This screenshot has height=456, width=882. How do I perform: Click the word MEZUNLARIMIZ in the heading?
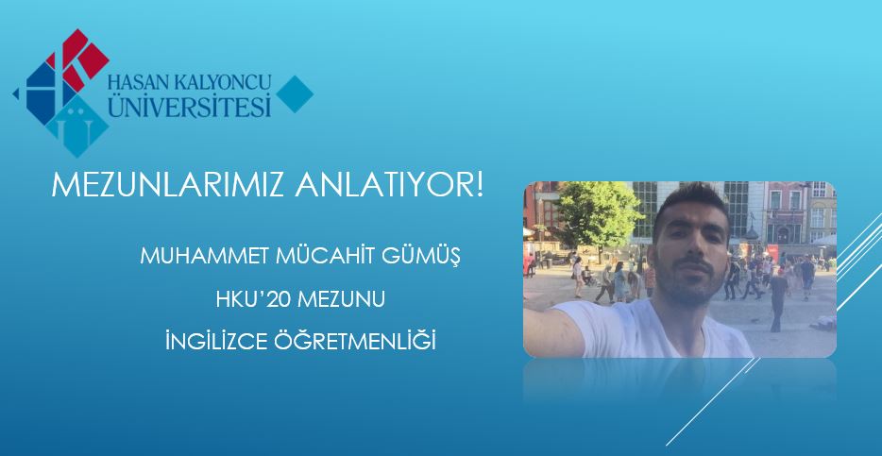click(168, 185)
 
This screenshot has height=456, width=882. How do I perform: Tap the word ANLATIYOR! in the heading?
click(389, 185)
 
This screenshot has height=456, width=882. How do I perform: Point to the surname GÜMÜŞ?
click(421, 257)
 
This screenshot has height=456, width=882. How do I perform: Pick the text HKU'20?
click(252, 299)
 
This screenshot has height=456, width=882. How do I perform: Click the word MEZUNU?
click(341, 299)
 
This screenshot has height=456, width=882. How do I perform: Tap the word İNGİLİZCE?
click(216, 342)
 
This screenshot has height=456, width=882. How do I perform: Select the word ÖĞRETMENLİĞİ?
click(355, 341)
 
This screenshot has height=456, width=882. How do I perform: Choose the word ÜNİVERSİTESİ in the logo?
click(190, 105)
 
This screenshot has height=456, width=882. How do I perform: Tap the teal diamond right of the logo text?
click(295, 93)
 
